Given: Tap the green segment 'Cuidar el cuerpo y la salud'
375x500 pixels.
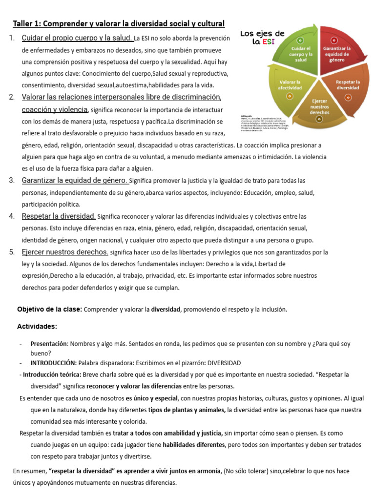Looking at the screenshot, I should click(x=301, y=53).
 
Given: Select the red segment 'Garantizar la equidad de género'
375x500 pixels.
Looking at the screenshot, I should click(x=336, y=54).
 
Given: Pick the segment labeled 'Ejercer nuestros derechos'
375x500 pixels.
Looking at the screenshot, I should click(x=319, y=107).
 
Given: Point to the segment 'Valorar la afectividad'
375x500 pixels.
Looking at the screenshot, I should click(x=290, y=84).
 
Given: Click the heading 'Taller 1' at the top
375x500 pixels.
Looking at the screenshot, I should click(x=119, y=23).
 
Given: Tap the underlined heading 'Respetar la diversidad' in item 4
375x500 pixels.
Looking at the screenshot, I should click(x=59, y=216).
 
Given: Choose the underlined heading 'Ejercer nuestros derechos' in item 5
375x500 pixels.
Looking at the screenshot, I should click(x=65, y=252).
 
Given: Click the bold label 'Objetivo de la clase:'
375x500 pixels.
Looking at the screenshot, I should click(x=49, y=310).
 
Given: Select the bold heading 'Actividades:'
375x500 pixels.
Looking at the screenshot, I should click(x=37, y=326).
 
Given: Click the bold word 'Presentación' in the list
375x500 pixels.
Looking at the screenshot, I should click(x=48, y=344).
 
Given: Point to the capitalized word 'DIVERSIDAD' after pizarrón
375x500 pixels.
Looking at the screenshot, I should click(x=224, y=363).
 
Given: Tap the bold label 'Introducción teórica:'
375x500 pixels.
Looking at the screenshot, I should click(x=53, y=375).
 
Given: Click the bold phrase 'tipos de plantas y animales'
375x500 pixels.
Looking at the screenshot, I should click(x=187, y=410).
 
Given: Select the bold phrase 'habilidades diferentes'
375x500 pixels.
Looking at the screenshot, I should click(x=194, y=445).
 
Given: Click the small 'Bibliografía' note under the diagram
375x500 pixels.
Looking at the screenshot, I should click(x=247, y=116).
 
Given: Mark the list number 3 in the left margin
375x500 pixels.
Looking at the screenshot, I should click(x=11, y=181).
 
